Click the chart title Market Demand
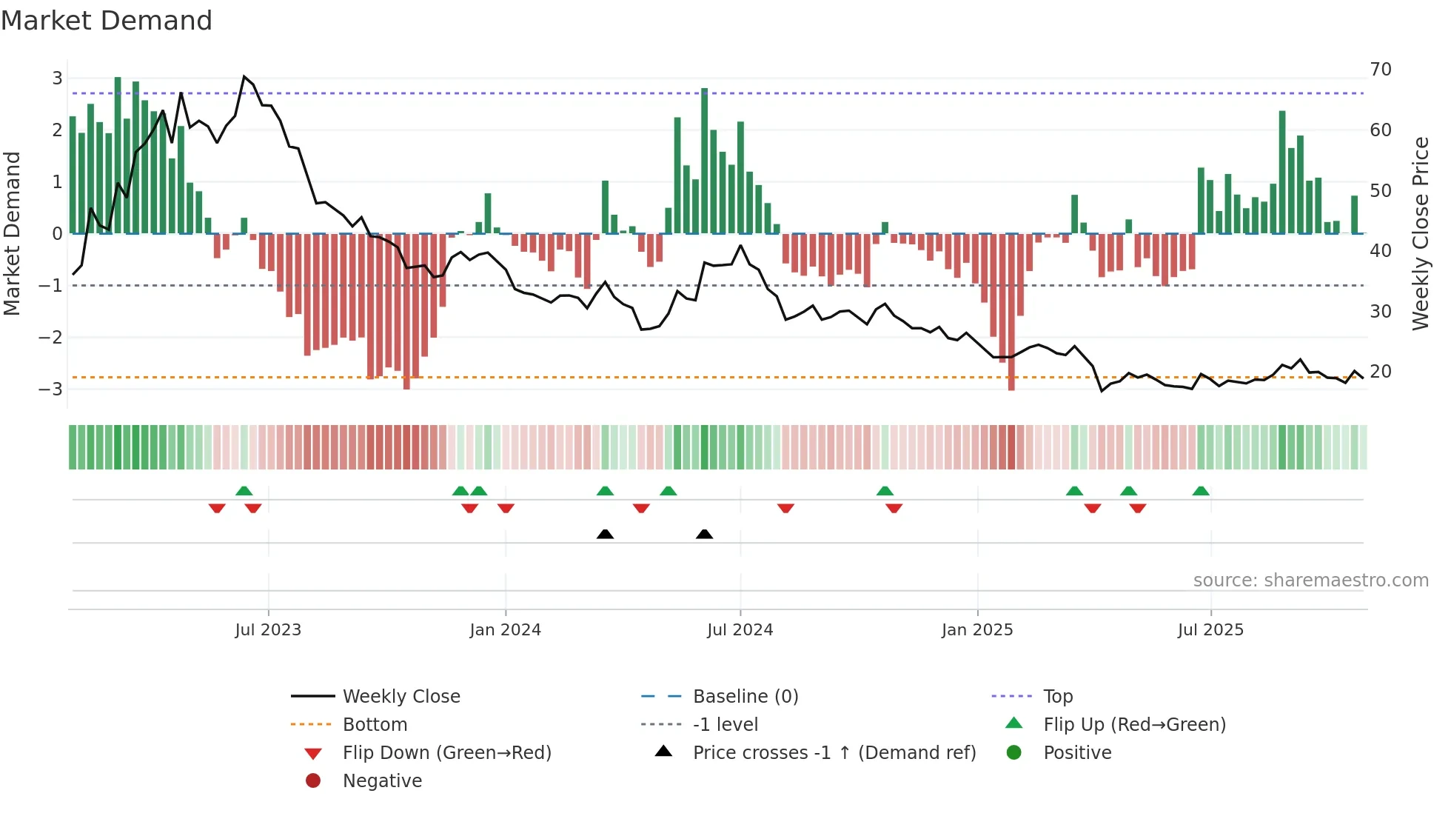pos(107,20)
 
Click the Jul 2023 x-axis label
pos(268,630)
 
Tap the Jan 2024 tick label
pos(505,630)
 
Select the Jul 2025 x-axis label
pos(1210,630)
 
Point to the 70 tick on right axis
pos(1381,70)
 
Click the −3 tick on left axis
pos(50,389)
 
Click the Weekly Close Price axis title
pos(1420,233)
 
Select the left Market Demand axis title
pos(12,233)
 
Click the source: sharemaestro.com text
pos(1310,581)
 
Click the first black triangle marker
pos(605,534)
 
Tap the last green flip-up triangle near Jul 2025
pos(1201,491)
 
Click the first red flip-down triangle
pos(217,508)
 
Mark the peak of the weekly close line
pos(244,76)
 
